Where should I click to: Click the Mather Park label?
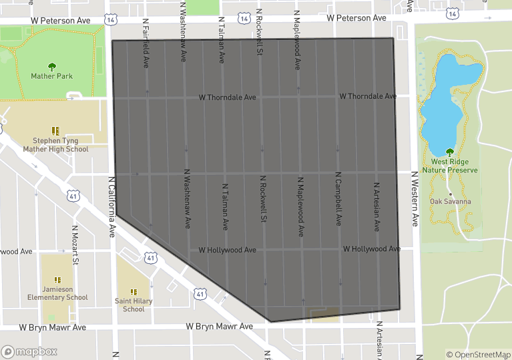[52, 76]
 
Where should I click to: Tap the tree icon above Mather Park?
[52, 66]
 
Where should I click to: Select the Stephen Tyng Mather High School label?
[55, 145]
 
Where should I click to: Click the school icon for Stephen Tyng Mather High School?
[56, 131]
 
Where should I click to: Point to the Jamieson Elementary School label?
[57, 293]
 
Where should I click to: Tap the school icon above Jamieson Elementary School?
[58, 280]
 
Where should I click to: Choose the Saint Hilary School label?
[134, 305]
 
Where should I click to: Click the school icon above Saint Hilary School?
[134, 292]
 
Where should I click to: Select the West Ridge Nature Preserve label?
[454, 166]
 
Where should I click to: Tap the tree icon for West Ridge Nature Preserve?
[449, 152]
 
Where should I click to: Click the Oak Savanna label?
[451, 201]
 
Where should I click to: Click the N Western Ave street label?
[415, 198]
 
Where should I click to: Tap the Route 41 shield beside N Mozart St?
[73, 196]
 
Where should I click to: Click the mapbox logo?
[29, 351]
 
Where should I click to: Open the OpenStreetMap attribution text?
[479, 355]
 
